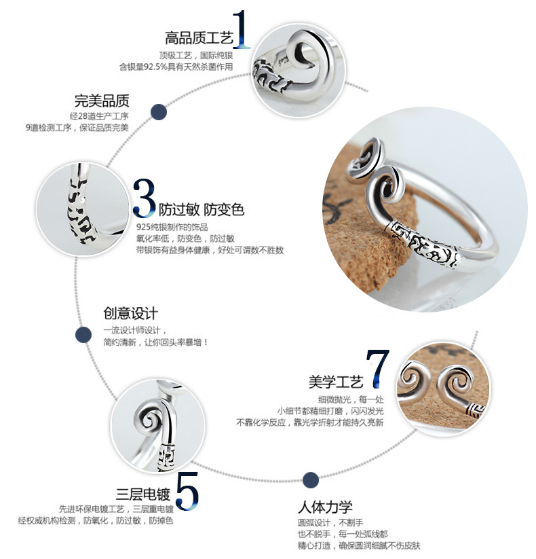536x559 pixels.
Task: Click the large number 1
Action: [x=241, y=31]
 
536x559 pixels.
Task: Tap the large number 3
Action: [x=144, y=198]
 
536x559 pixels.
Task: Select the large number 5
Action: [x=187, y=488]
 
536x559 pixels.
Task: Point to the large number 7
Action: [x=377, y=369]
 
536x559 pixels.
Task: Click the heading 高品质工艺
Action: [x=198, y=37]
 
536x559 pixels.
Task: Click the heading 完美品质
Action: [x=102, y=101]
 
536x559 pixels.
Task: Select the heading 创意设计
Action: [x=130, y=313]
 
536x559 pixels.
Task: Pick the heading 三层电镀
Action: [x=143, y=494]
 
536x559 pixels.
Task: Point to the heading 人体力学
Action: [x=325, y=507]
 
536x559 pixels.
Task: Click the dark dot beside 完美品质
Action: [x=159, y=112]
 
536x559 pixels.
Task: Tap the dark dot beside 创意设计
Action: [x=83, y=334]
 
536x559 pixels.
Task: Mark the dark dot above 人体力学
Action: [x=311, y=480]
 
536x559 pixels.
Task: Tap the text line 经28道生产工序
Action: [x=99, y=115]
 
